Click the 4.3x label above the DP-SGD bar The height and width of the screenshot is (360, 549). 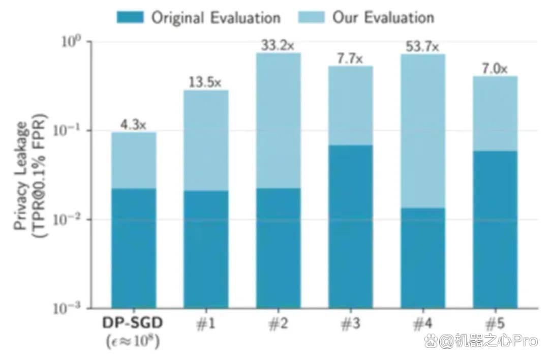[x=133, y=125]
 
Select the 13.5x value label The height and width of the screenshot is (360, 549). [x=205, y=82]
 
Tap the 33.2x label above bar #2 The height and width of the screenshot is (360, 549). [x=278, y=45]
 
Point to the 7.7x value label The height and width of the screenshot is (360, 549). [x=350, y=58]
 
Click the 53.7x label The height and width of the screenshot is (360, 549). [x=422, y=46]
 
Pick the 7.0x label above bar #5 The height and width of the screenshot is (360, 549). [x=495, y=69]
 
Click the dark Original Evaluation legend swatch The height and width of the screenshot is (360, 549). [x=130, y=17]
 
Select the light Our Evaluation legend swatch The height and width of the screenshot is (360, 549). [x=311, y=17]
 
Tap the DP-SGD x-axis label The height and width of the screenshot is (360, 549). [x=133, y=323]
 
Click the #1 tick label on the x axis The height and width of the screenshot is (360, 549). [x=206, y=323]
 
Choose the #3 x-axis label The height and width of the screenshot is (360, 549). [x=350, y=323]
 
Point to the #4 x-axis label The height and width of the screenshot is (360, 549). [x=423, y=323]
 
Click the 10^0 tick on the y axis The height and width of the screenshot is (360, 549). [x=71, y=42]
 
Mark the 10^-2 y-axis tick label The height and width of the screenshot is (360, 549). [x=67, y=220]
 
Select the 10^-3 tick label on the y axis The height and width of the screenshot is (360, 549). [x=67, y=308]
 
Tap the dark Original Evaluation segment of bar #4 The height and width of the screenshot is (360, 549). [x=423, y=258]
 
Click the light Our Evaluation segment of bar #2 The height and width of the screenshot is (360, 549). [x=279, y=121]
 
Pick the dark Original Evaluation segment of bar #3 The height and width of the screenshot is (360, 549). [x=350, y=227]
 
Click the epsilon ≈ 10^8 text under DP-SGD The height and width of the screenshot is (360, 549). [x=133, y=341]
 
